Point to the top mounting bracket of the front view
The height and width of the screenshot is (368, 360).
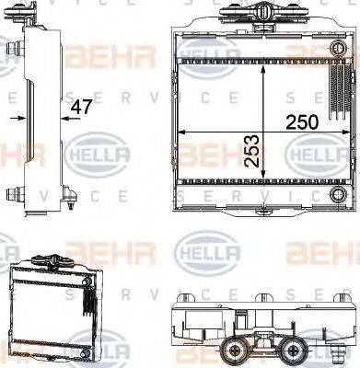(263, 15)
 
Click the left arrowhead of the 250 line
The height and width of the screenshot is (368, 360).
(181, 132)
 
